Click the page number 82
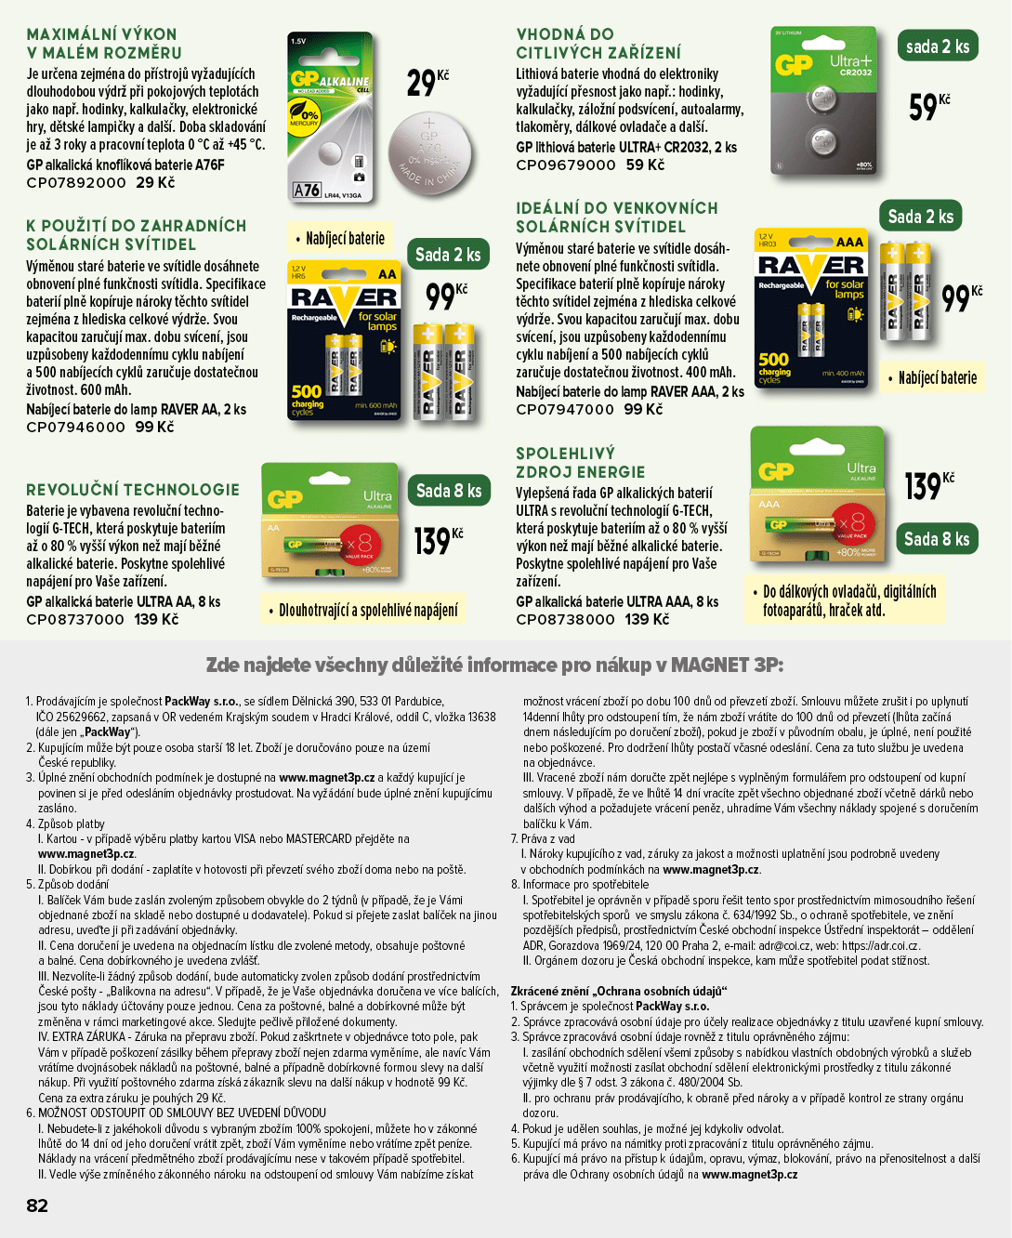point(37,1205)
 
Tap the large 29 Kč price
point(427,83)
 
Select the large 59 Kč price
point(929,107)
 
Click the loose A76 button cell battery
point(429,154)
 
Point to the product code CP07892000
point(76,182)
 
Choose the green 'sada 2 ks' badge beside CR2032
point(938,46)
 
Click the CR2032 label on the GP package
point(856,72)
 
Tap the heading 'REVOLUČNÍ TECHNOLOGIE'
point(133,490)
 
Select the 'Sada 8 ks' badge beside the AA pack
point(449,490)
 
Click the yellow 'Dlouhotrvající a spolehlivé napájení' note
point(362,610)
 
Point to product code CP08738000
point(565,619)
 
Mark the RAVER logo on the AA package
point(344,297)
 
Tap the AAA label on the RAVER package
point(849,242)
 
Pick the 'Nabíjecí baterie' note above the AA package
point(340,238)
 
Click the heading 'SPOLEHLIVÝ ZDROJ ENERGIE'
point(581,463)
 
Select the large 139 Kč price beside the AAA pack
point(929,487)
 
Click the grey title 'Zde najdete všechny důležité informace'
point(494,665)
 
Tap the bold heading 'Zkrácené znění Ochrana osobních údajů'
point(619,991)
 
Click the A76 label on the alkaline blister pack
point(307,190)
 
